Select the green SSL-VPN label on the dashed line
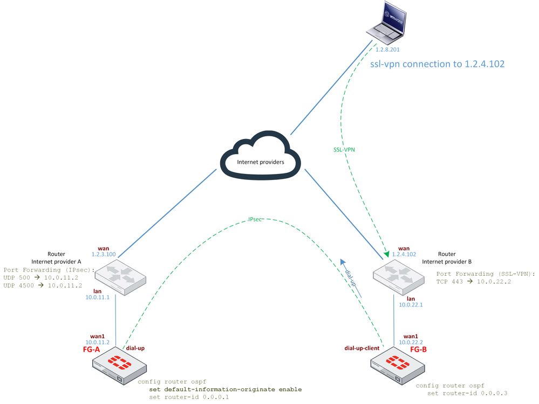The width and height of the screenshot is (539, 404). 345,149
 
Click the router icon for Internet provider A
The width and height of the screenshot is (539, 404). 119,278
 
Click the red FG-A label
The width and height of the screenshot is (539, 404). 95,349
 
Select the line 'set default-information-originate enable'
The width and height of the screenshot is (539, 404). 225,389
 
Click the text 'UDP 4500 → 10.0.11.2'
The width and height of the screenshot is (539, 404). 43,285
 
